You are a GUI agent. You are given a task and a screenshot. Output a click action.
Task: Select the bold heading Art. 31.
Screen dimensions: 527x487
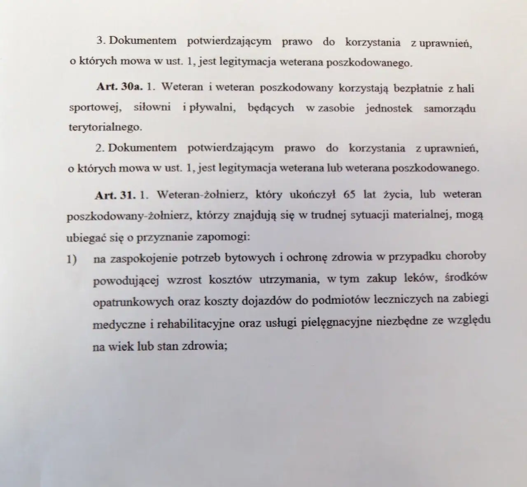click(115, 195)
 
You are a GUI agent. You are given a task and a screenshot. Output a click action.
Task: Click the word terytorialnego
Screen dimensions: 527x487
click(105, 127)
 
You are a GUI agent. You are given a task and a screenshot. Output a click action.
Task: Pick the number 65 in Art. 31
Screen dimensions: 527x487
click(349, 194)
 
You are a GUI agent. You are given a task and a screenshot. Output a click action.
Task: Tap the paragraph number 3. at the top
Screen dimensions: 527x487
click(101, 41)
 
